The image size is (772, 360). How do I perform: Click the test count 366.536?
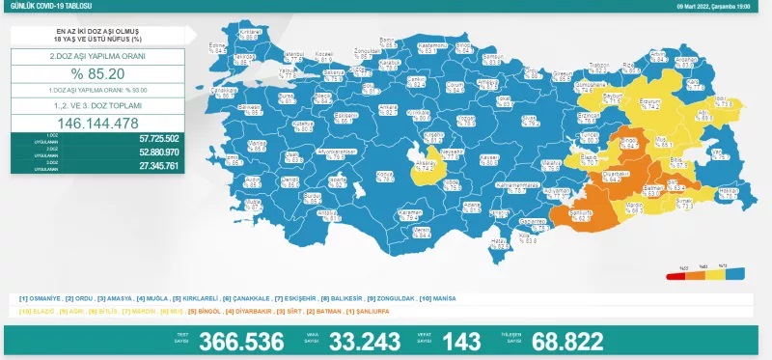[x=240, y=342]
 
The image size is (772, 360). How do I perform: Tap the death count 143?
[x=460, y=342]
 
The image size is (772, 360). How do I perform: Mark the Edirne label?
[x=218, y=46]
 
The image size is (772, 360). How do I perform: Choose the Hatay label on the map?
[x=500, y=240]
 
